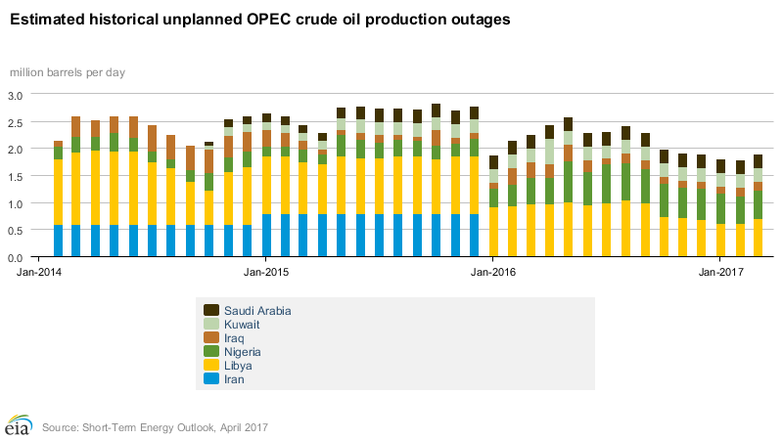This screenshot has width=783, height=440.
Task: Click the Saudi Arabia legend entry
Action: tap(257, 311)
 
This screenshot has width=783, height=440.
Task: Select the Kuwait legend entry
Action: tap(241, 325)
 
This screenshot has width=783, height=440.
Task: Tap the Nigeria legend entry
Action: tap(242, 352)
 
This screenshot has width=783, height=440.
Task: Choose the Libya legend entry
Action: tap(237, 366)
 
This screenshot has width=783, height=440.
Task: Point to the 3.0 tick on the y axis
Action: tap(16, 95)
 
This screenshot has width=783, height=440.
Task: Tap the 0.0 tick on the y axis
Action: tap(16, 257)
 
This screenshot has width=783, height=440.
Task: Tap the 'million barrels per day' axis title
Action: tap(68, 72)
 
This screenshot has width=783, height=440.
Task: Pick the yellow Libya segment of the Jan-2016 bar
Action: tap(493, 232)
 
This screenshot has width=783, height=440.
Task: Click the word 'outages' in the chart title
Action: tap(480, 19)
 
